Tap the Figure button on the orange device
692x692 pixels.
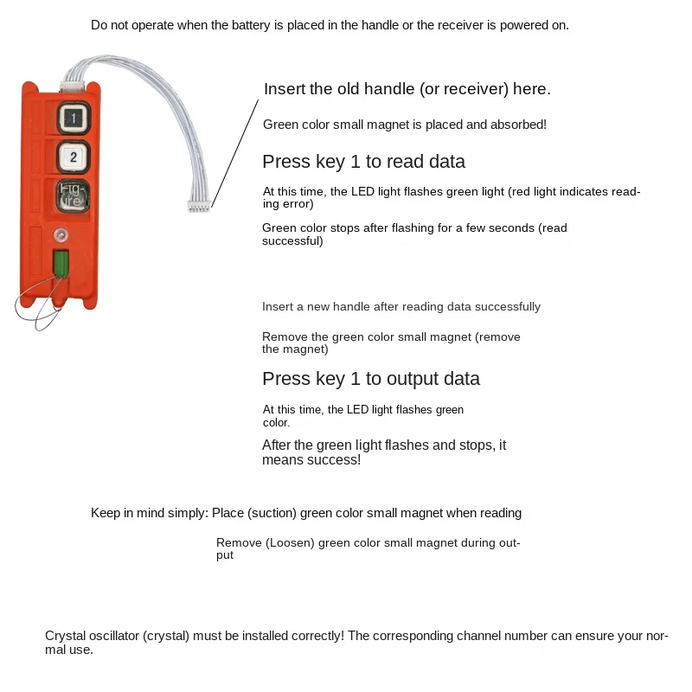pyautogui.click(x=74, y=196)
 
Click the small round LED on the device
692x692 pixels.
pyautogui.click(x=61, y=235)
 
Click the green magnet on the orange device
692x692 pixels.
pyautogui.click(x=61, y=263)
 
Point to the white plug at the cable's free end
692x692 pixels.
pyautogui.click(x=199, y=206)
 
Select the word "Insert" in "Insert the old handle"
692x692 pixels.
pyautogui.click(x=285, y=89)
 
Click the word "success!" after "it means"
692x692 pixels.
pyautogui.click(x=334, y=460)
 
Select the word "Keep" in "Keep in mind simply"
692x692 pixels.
pyautogui.click(x=105, y=513)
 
